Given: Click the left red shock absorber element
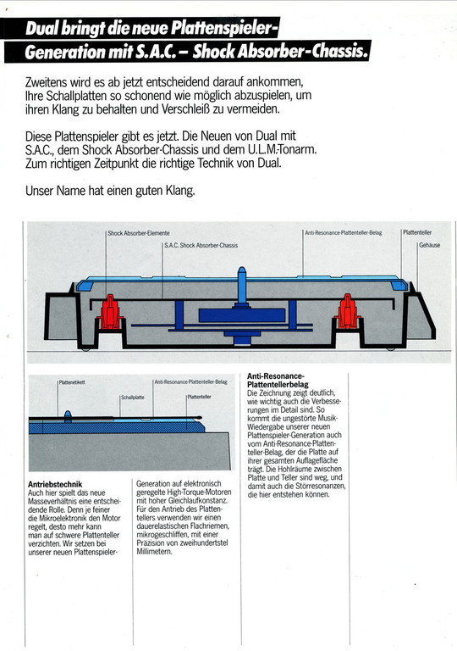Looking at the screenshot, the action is pos(110,312).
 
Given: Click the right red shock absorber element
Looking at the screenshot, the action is pos(347,311).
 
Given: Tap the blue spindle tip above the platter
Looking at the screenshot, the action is pos(241,272).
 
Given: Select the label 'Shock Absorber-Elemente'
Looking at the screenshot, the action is pos(139,233).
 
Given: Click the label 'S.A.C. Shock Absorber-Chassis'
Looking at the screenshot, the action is pos(201,245).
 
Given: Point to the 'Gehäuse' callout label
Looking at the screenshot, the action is pos(430,245).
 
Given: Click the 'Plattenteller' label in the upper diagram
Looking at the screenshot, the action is pos(417,232).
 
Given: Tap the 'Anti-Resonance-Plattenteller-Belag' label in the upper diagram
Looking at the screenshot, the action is pos(344,233).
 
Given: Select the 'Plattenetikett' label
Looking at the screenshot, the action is pos(72,382).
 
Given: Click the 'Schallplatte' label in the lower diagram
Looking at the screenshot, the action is pos(133,398).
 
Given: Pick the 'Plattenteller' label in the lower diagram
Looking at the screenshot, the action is pos(199,397).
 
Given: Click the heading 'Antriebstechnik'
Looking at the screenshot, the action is pos(55,484).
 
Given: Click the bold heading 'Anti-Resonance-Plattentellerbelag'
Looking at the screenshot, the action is pos(278,381).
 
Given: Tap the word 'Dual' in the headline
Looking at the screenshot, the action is pos(41,28).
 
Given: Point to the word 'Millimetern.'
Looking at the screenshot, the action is pos(154,552).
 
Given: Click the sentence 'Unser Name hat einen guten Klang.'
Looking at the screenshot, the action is pos(110,191).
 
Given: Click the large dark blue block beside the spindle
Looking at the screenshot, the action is pos(242,315).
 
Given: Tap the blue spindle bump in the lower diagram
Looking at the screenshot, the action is pos(68,416).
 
